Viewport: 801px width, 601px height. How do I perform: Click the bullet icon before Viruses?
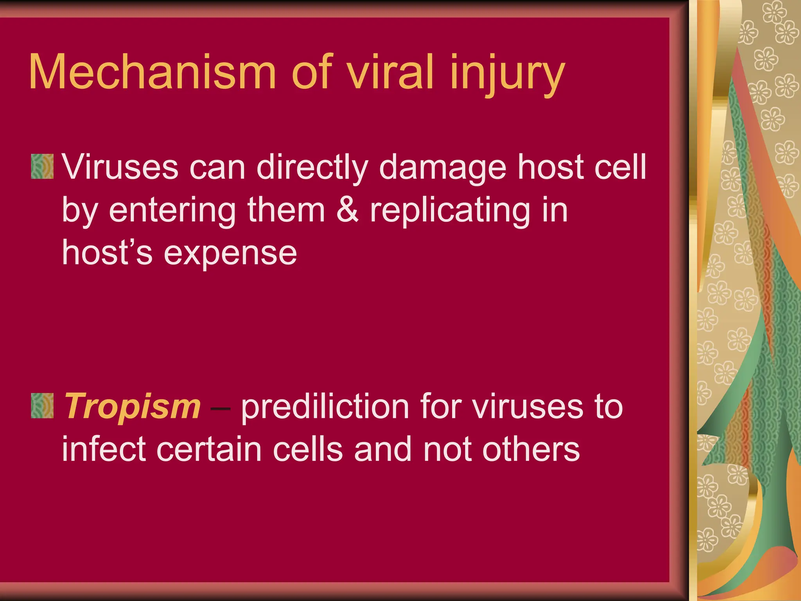42,166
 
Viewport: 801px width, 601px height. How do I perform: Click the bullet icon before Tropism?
42,406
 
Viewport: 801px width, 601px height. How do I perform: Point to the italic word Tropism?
132,407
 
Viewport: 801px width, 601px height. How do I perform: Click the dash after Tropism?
220,409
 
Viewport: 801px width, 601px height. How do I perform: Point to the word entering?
172,211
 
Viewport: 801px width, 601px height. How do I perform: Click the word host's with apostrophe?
107,252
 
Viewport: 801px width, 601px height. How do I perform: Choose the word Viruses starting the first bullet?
120,167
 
